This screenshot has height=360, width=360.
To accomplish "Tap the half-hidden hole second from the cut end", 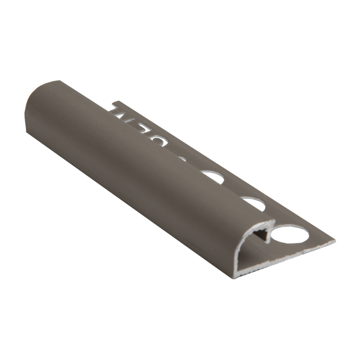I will pyautogui.click(x=255, y=202).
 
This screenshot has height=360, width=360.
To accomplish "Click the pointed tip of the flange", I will pyautogui.click(x=334, y=242).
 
